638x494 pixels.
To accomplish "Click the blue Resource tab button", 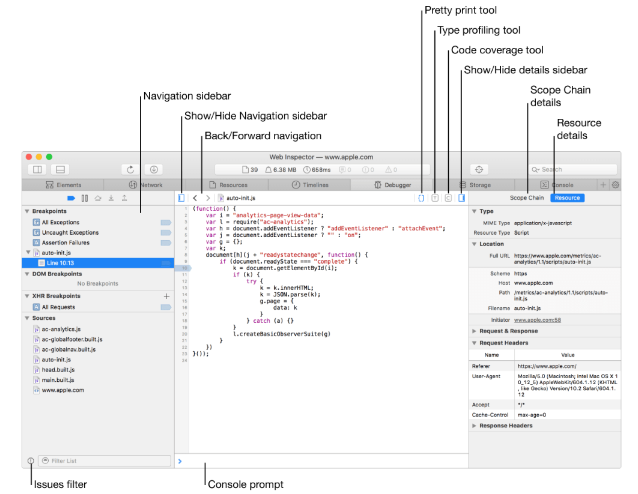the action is (x=567, y=198).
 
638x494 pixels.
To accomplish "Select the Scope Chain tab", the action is (x=526, y=198).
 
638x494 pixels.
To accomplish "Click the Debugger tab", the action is (x=393, y=185).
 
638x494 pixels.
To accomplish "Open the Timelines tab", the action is (x=310, y=185).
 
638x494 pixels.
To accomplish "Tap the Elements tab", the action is (x=64, y=185).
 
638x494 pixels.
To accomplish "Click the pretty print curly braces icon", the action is (x=421, y=198).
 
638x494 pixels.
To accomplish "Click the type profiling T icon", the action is (x=435, y=198).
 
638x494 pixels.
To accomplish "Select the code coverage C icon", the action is (x=448, y=198).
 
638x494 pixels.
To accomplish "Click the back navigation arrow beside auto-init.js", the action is (x=195, y=198).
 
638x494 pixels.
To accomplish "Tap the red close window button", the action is (x=29, y=157).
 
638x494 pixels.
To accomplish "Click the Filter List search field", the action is (x=105, y=460).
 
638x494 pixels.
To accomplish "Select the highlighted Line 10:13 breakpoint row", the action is (x=98, y=263).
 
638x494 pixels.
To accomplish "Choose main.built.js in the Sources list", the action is (x=58, y=380).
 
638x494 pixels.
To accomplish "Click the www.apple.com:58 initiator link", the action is (x=537, y=320).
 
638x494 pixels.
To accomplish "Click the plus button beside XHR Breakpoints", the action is (x=166, y=296).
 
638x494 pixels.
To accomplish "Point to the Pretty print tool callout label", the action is (x=461, y=10).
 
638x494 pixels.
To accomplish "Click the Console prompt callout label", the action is (x=245, y=484).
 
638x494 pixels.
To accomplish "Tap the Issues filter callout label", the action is (x=60, y=484).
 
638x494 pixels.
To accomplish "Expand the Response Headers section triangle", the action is (x=474, y=426).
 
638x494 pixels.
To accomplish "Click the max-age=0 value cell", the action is (x=532, y=415).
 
